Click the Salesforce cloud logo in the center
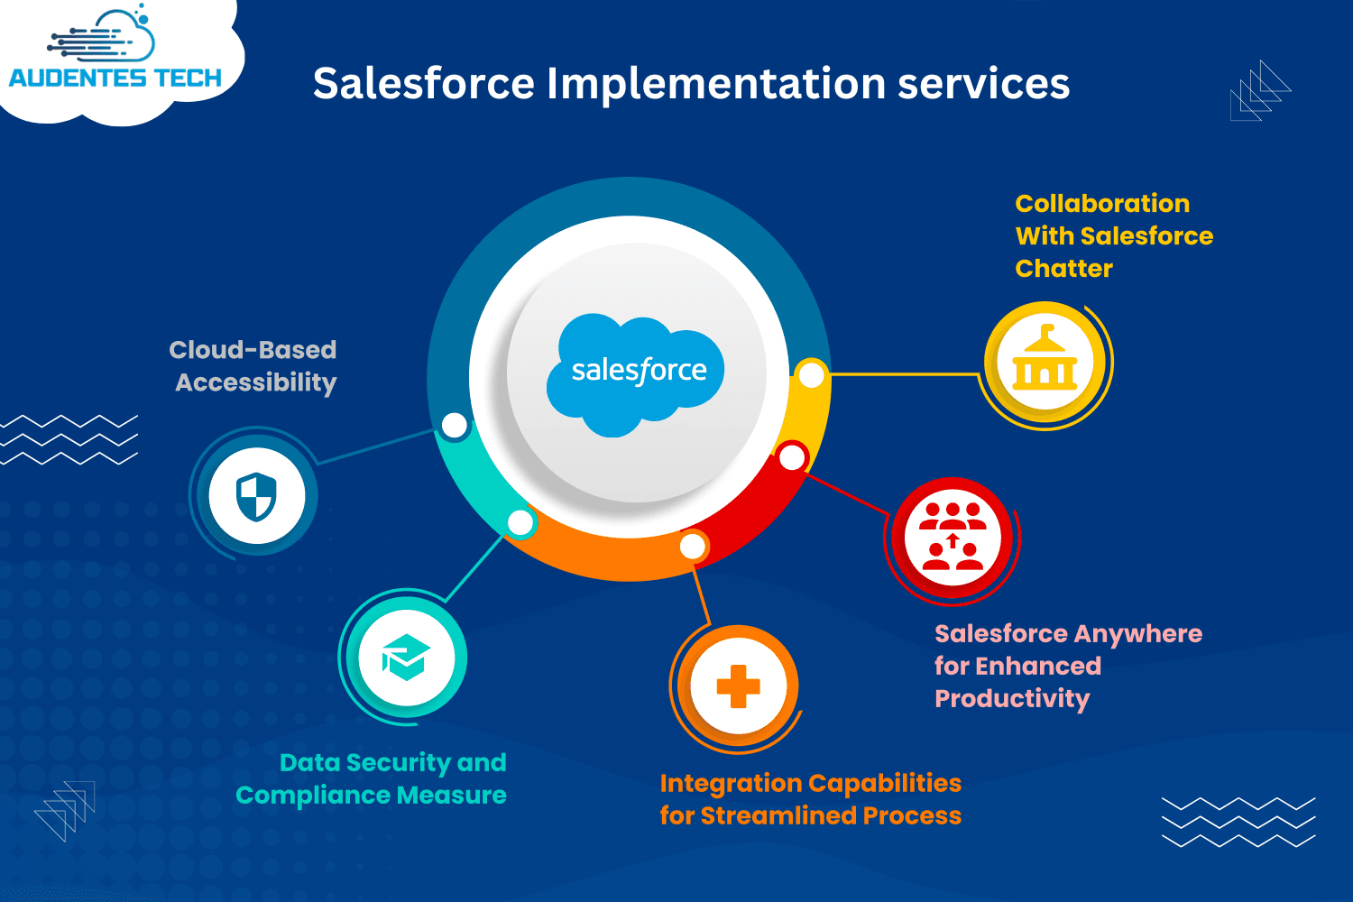click(635, 374)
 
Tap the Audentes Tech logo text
click(115, 78)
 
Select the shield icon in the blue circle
click(256, 496)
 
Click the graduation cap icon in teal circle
click(406, 658)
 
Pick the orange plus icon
click(738, 686)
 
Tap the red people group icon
click(953, 537)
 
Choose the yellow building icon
click(1045, 358)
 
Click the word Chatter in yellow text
click(1063, 268)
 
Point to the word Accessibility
click(256, 383)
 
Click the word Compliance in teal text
click(313, 796)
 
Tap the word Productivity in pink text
click(1012, 699)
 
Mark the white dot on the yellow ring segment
click(811, 375)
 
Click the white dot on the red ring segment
click(792, 457)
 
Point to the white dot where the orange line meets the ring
click(692, 546)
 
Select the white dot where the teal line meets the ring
click(520, 522)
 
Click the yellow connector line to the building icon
click(904, 374)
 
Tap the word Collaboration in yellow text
click(1102, 204)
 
